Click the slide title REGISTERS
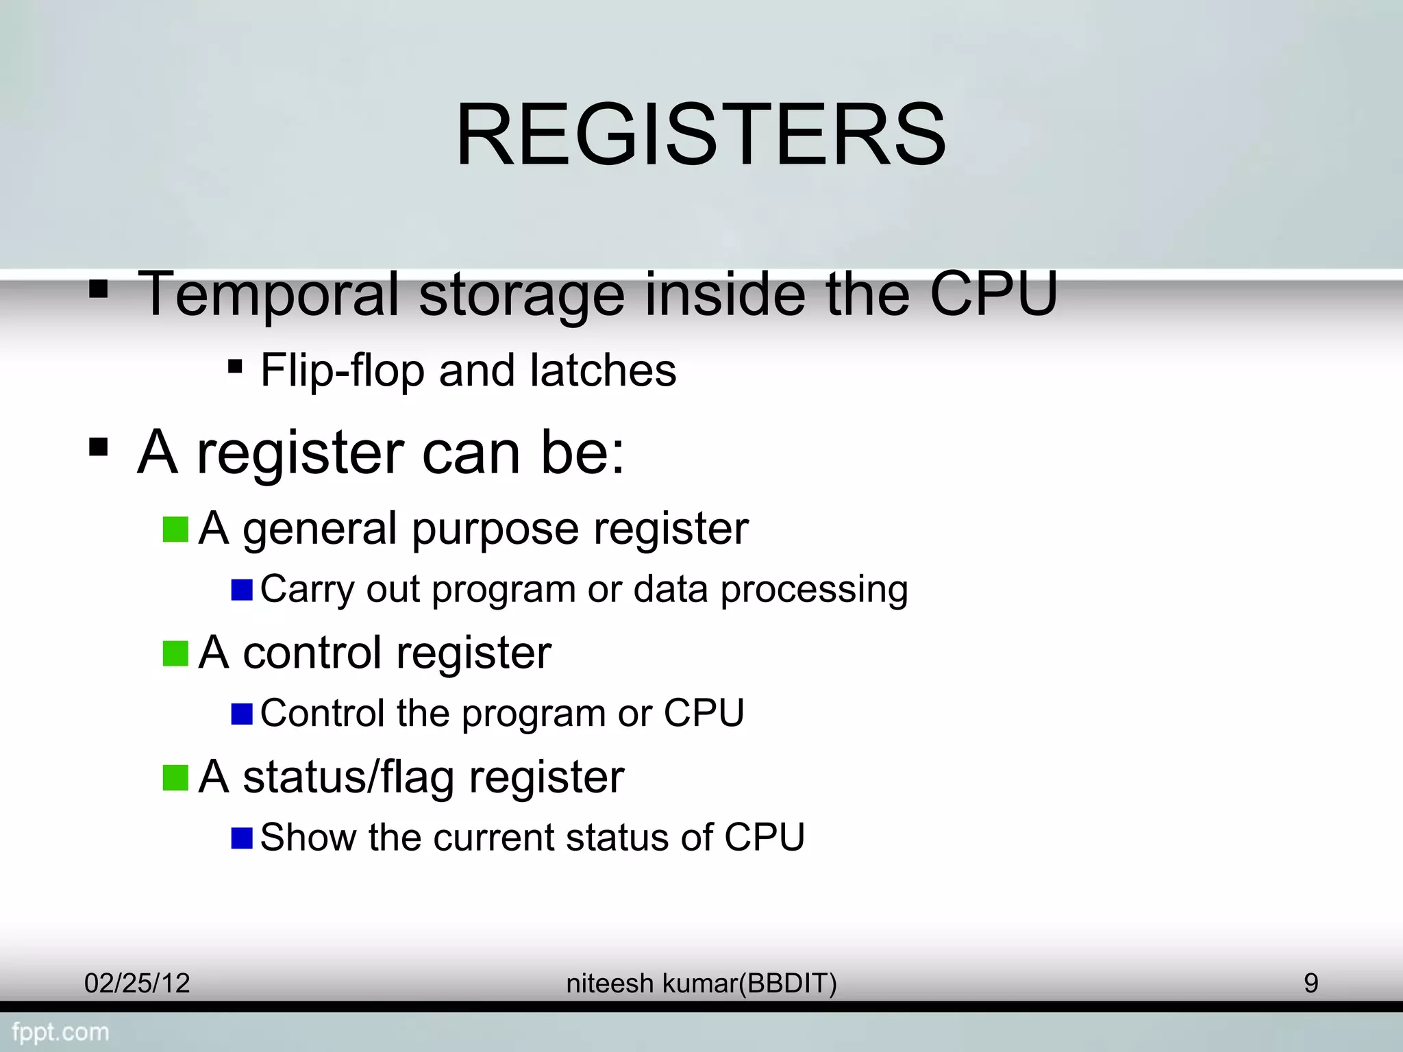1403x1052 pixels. tap(700, 134)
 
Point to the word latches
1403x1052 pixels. tap(603, 370)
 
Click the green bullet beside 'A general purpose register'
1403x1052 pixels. tap(175, 529)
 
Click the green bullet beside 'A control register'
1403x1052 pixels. tap(175, 653)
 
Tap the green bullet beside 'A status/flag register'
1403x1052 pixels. tap(175, 778)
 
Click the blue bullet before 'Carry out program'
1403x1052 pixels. tap(242, 590)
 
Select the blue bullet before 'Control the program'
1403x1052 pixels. tap(242, 714)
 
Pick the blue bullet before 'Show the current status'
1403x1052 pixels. tap(242, 838)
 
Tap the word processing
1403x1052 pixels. tap(814, 590)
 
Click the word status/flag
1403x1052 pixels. tap(348, 778)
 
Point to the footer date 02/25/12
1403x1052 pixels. tap(137, 984)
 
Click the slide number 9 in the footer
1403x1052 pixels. tap(1311, 984)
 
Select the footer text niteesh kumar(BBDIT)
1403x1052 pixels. tap(701, 984)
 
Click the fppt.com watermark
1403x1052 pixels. tap(60, 1032)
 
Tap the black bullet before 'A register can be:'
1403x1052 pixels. tap(99, 449)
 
